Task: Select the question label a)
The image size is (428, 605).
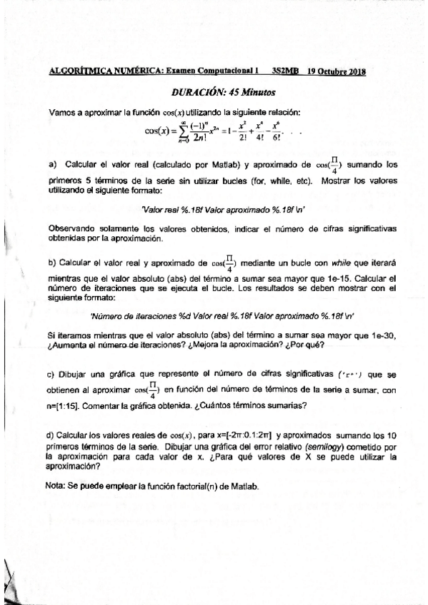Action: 53,164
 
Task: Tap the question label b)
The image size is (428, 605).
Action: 53,262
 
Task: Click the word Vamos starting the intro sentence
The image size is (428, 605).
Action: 61,112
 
